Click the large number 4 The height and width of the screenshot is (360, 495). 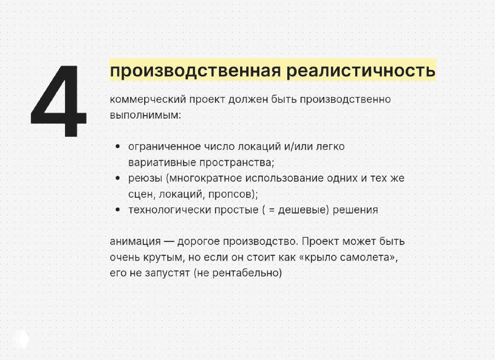tap(59, 102)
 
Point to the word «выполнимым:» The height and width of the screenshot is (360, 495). tap(145, 115)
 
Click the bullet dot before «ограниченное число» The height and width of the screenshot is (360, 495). tap(118, 147)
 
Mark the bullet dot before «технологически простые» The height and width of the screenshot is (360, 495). tap(118, 210)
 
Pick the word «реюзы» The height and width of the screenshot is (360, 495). tap(145, 178)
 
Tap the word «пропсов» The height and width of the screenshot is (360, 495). tap(231, 194)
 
